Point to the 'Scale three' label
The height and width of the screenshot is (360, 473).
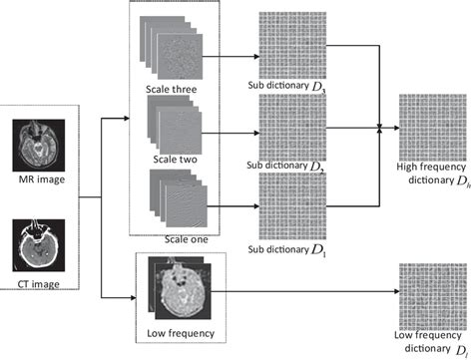(x=171, y=90)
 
